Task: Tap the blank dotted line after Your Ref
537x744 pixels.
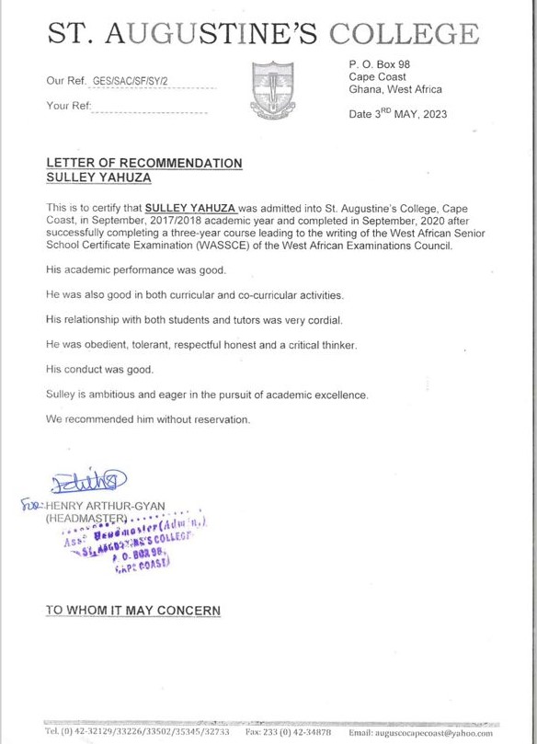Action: click(x=152, y=110)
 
